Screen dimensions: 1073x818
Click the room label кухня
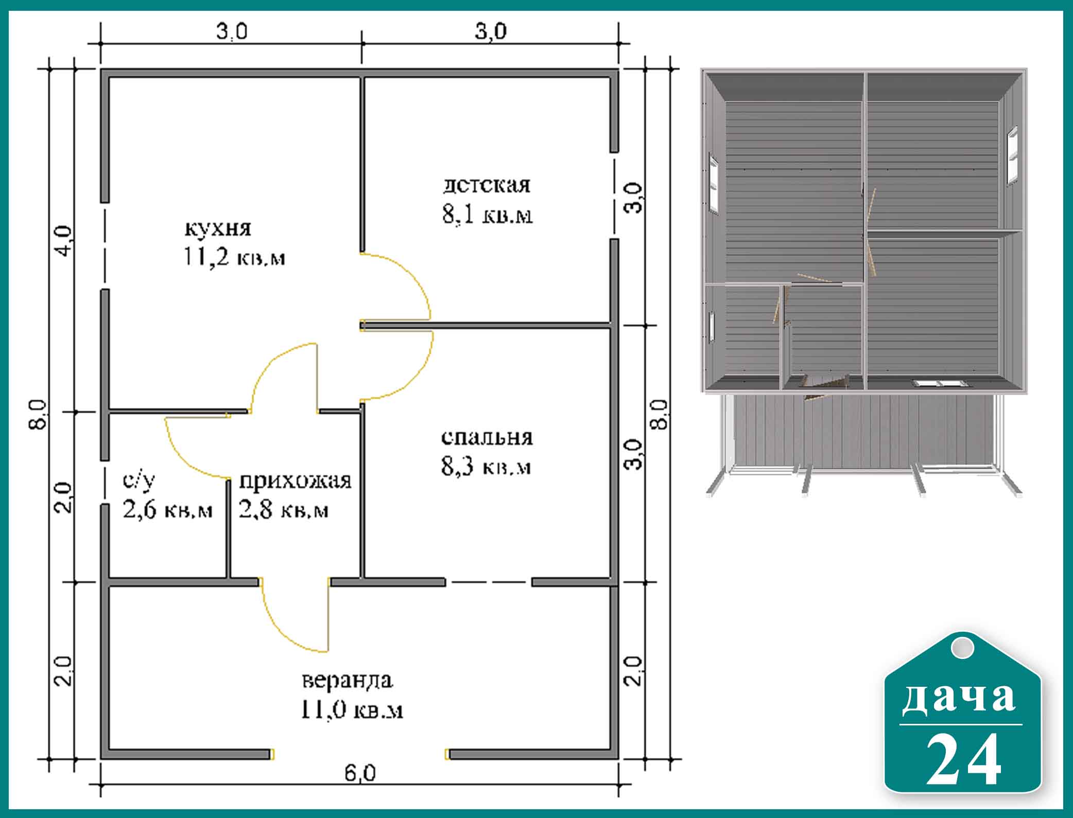[218, 229]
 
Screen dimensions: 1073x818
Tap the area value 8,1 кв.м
[487, 215]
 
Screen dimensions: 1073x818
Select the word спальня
[487, 437]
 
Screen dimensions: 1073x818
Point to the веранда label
[348, 681]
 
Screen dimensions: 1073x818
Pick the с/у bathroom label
[139, 481]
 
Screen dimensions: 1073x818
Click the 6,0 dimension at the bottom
[360, 788]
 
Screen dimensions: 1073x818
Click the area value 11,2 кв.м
[234, 257]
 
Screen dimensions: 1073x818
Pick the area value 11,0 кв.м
[352, 710]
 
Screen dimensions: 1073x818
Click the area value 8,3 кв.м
[486, 467]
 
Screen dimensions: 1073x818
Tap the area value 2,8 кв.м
[283, 510]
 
